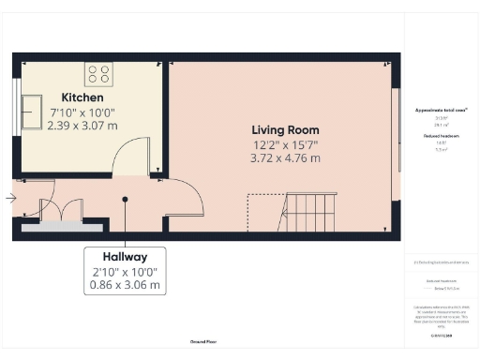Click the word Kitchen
pos(82,97)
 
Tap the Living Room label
pos(285,129)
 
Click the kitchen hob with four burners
pos(99,73)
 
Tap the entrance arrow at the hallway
pos(9,198)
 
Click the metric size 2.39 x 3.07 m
pos(82,126)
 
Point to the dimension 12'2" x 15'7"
pos(285,144)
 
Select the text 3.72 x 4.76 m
pos(285,158)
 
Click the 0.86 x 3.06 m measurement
pos(125,284)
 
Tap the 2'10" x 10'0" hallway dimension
pos(125,271)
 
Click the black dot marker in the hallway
pos(126,199)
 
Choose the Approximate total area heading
pos(441,110)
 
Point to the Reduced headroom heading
pos(441,136)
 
